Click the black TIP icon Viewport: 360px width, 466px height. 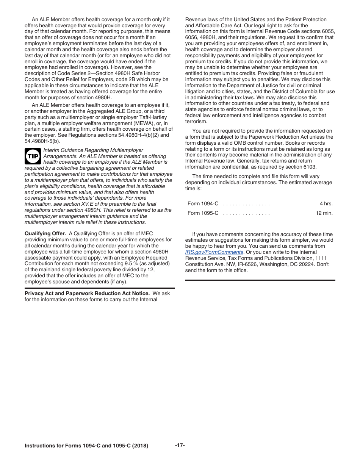tap(33, 156)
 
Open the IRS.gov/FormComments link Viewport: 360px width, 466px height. tap(214, 252)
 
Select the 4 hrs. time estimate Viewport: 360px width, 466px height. tap(326, 203)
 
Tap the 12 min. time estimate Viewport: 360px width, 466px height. tap(324, 213)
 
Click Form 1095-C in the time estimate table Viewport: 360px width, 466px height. tap(203, 213)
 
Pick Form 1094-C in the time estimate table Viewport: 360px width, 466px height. tap(203, 203)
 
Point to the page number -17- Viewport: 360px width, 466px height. tap(180, 445)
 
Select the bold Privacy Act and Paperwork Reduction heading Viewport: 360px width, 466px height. tap(87, 294)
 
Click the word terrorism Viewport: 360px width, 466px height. tap(196, 122)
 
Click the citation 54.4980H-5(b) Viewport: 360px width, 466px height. tap(42, 141)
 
